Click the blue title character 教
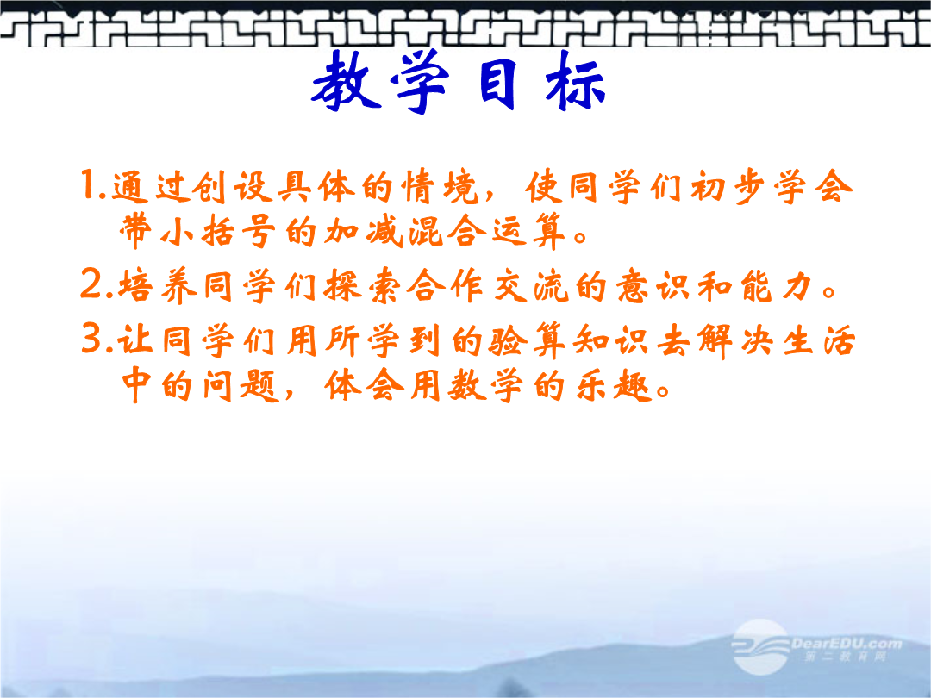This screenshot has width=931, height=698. pyautogui.click(x=347, y=81)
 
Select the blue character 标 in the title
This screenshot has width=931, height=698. pyautogui.click(x=575, y=81)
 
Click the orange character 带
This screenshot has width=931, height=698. pyautogui.click(x=135, y=230)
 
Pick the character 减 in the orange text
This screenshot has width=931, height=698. pyautogui.click(x=384, y=230)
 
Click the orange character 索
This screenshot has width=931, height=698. pyautogui.click(x=384, y=286)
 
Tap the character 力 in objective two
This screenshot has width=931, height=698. pyautogui.click(x=797, y=285)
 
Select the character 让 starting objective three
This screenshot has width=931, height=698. pyautogui.click(x=134, y=340)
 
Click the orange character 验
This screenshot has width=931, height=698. pyautogui.click(x=508, y=340)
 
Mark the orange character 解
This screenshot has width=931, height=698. pyautogui.click(x=715, y=340)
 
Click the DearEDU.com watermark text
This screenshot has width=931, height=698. pyautogui.click(x=847, y=644)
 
